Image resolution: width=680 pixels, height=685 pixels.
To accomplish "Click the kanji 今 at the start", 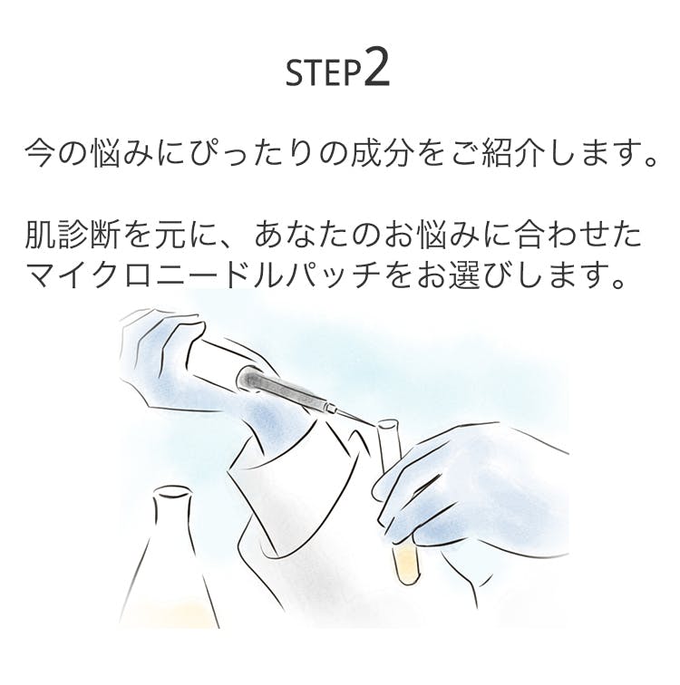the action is pos(41,154).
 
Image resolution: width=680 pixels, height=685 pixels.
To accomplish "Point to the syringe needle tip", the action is pos(376,426).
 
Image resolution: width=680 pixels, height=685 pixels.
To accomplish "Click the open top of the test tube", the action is pos(389,425).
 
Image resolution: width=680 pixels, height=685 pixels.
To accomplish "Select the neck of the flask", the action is pos(171,516).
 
